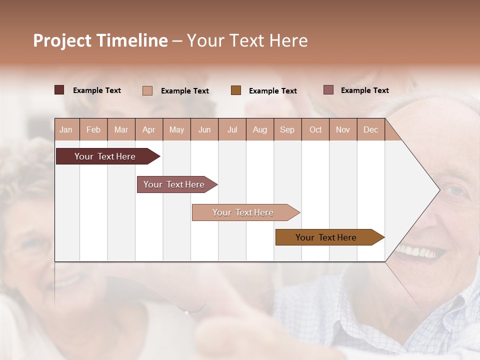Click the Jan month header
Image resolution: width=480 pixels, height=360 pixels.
[x=66, y=130]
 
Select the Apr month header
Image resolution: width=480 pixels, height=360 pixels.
[x=148, y=130]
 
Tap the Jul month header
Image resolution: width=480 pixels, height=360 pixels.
[x=232, y=130]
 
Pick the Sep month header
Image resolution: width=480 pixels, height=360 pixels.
[x=287, y=130]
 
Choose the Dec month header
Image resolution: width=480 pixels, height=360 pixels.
[x=370, y=130]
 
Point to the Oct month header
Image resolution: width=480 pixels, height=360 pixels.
[x=315, y=130]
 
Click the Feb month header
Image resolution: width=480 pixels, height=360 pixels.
[x=93, y=130]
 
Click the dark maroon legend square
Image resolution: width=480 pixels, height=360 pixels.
[x=59, y=90]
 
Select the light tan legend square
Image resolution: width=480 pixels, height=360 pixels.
[x=147, y=90]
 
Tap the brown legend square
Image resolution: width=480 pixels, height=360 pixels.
[x=236, y=90]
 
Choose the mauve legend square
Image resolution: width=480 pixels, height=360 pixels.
[x=328, y=90]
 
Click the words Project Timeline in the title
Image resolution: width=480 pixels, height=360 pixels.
[x=100, y=40]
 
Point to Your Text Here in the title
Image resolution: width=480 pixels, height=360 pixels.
[x=247, y=40]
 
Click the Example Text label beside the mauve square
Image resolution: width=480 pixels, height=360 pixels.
[x=364, y=90]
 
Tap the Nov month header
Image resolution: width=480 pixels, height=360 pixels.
[x=343, y=130]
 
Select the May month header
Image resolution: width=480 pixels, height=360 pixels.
[x=176, y=130]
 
